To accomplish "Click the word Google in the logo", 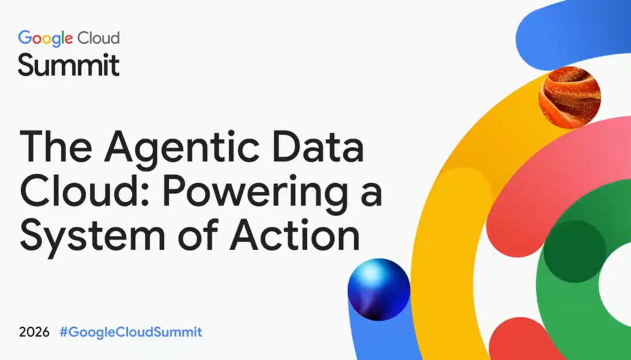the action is point(46,39).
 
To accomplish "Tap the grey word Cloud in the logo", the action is point(98,38).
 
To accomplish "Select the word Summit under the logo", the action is point(69,65).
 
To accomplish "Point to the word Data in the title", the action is point(318,145).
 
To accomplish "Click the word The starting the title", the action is point(55,145).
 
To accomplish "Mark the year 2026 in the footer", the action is point(35,332).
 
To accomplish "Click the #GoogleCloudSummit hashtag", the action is point(131,332).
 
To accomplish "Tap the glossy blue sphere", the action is point(379,290).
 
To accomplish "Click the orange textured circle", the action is point(569,98).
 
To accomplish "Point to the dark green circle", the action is point(575,252).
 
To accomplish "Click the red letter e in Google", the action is point(69,39).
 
